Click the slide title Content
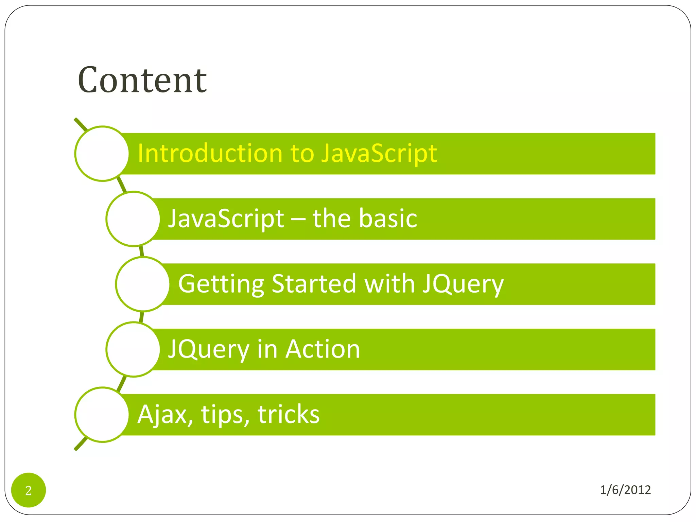pyautogui.click(x=142, y=80)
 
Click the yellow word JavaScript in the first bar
pyautogui.click(x=379, y=153)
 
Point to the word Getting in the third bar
pyautogui.click(x=221, y=284)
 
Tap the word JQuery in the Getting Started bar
pyautogui.click(x=463, y=284)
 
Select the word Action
pyautogui.click(x=323, y=349)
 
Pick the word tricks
pyautogui.click(x=289, y=414)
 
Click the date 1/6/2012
pyautogui.click(x=625, y=490)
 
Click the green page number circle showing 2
pyautogui.click(x=29, y=490)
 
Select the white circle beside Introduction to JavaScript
pyautogui.click(x=102, y=154)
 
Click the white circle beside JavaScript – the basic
pyautogui.click(x=133, y=219)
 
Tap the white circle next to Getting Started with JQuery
pyautogui.click(x=143, y=284)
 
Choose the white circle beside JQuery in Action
pyautogui.click(x=133, y=349)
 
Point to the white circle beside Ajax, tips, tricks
pyautogui.click(x=102, y=415)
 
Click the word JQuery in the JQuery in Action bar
pyautogui.click(x=209, y=350)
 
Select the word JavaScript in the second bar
pyautogui.click(x=226, y=219)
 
